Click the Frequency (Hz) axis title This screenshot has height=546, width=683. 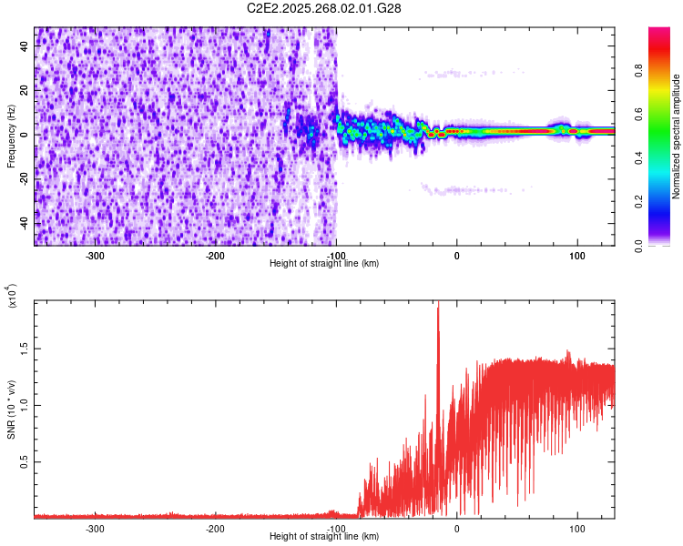pos(11,136)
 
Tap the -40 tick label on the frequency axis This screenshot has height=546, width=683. pos(24,223)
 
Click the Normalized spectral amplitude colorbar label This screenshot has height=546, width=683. pos(677,136)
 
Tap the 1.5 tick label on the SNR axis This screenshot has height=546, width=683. pos(24,347)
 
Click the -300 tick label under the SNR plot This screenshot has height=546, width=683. pos(96,528)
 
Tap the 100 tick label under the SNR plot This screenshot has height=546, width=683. pos(576,528)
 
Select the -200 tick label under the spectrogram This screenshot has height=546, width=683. pos(216,256)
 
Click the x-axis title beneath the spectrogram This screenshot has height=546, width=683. pos(325,263)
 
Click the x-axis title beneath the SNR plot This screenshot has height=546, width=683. pos(325,536)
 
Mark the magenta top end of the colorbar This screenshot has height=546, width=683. pos(659,32)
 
